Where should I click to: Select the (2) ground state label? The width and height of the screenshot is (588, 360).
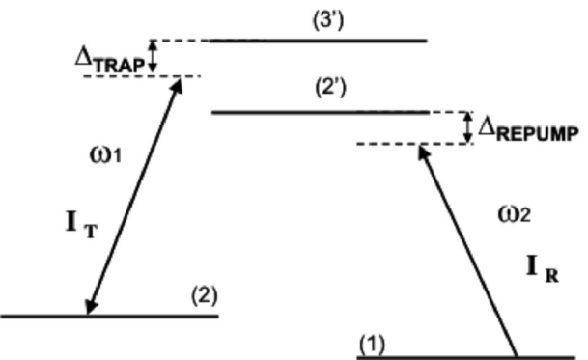point(202,299)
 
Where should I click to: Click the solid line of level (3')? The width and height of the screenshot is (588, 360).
point(319,41)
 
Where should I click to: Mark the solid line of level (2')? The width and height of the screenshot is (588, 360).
point(320,113)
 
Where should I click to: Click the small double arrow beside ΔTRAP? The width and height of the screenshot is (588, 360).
point(151,57)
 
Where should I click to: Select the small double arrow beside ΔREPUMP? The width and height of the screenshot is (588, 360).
point(467,127)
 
